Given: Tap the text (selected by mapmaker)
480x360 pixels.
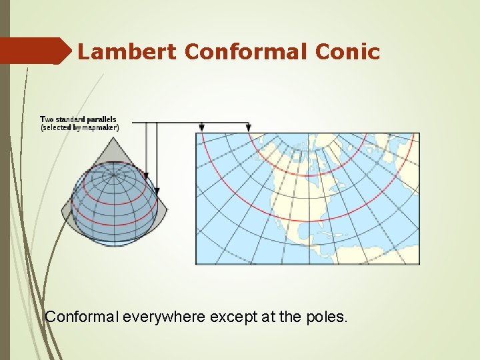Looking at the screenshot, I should pyautogui.click(x=80, y=127).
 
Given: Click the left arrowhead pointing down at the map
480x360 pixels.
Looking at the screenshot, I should pyautogui.click(x=202, y=127).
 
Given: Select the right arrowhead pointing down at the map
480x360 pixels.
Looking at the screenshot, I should pyautogui.click(x=249, y=127).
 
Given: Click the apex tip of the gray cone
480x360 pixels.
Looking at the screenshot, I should pyautogui.click(x=113, y=138).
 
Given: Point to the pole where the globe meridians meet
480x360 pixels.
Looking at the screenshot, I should pyautogui.click(x=113, y=175).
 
